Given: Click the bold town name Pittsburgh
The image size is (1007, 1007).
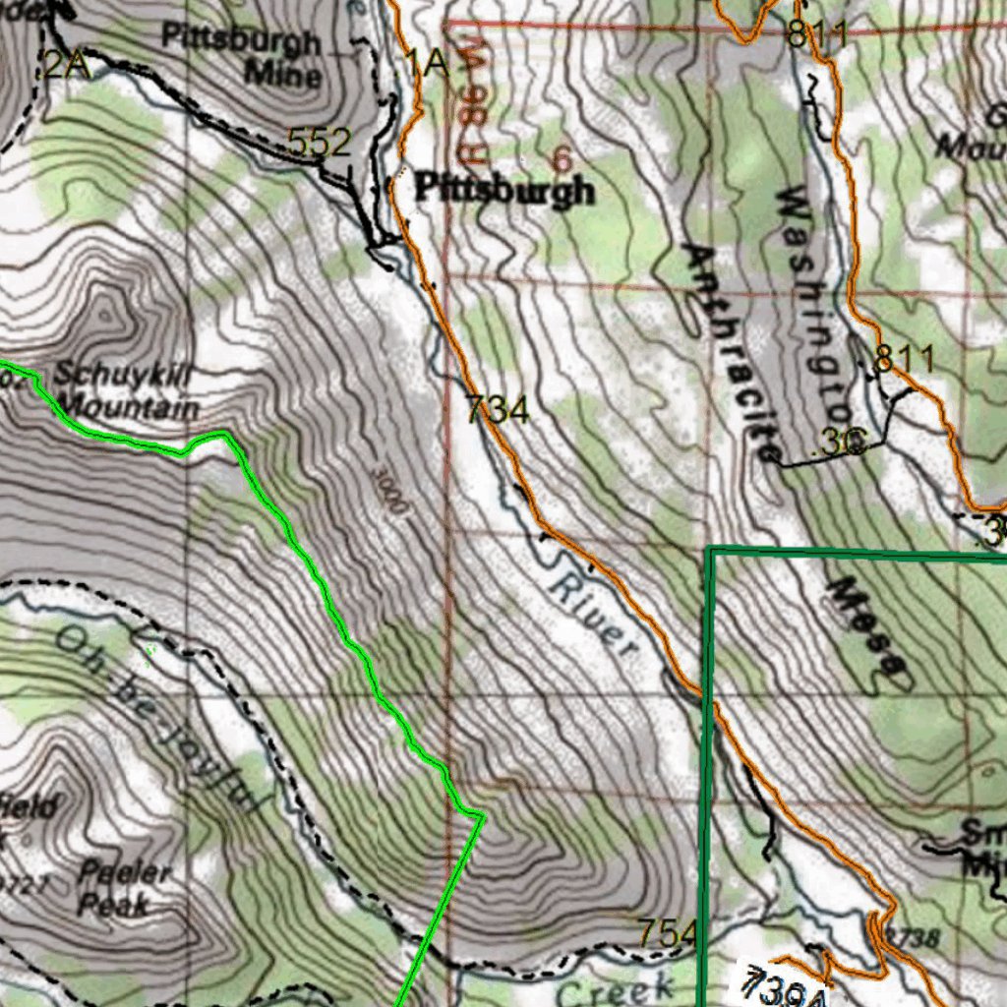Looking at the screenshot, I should coord(504,189).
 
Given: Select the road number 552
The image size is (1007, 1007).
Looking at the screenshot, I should coord(320,144).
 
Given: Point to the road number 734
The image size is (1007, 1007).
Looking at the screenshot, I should coord(498,409).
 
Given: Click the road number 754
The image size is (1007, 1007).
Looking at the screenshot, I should coord(668,932).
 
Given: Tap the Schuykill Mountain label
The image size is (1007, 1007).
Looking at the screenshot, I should coord(126,390).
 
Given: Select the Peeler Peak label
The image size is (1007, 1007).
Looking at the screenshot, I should coord(124,887).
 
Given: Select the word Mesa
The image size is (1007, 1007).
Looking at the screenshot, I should coord(865,629).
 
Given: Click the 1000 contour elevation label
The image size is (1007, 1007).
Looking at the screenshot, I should coord(389,493).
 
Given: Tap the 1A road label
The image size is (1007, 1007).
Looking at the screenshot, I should coord(428,64).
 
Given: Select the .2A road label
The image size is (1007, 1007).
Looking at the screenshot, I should coord(65,65).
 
